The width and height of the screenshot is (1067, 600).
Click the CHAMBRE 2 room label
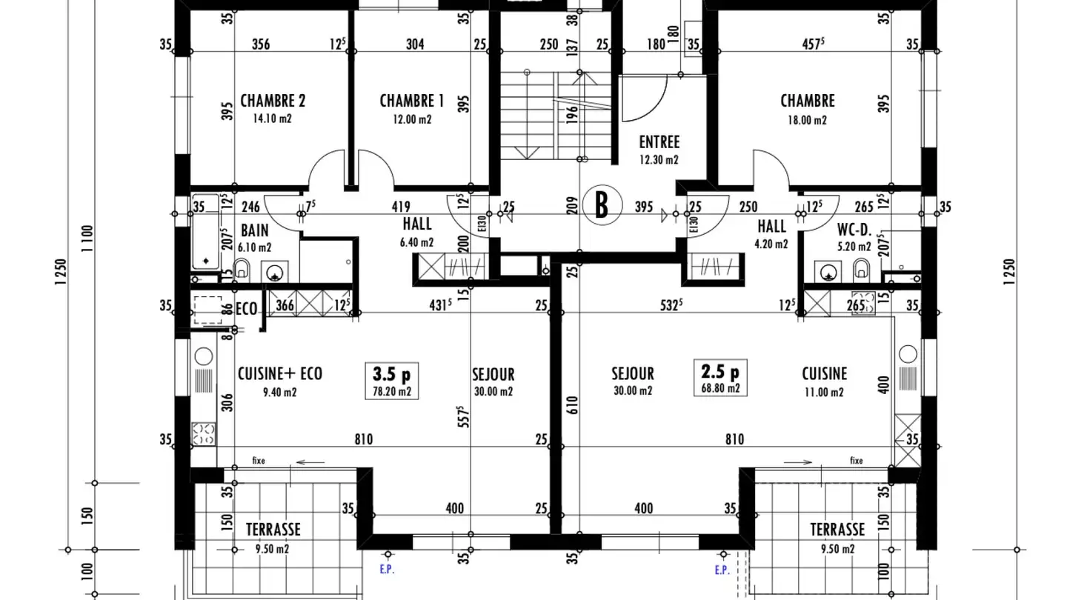[273, 101]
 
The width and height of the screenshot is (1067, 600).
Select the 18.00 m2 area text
[808, 120]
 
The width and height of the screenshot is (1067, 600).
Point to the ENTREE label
[659, 141]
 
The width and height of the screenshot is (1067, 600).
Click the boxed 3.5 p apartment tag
[391, 373]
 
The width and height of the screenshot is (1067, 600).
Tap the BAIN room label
[254, 230]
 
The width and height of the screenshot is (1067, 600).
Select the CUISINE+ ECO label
[279, 373]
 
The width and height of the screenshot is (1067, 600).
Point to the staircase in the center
[554, 116]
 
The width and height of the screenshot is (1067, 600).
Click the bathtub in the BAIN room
[205, 232]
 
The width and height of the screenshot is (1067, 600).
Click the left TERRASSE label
[273, 530]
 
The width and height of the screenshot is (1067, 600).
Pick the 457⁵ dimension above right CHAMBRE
[814, 44]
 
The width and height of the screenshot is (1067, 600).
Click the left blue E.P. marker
[388, 570]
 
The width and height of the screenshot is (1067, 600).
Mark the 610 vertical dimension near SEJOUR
[571, 404]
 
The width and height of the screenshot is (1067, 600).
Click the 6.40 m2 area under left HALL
[417, 242]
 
